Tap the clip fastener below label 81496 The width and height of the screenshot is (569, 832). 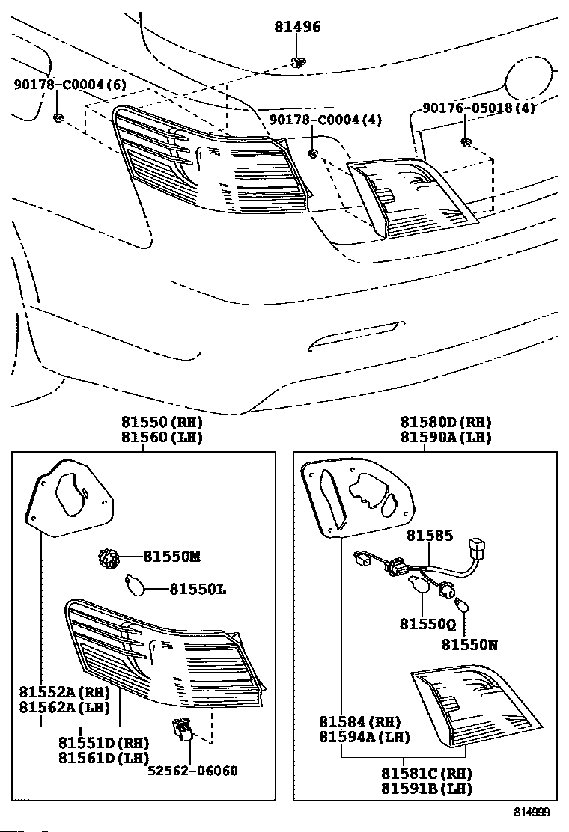pyautogui.click(x=298, y=62)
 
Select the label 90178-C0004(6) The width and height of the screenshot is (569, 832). pyautogui.click(x=70, y=85)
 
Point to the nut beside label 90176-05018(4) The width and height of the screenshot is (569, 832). pyautogui.click(x=466, y=143)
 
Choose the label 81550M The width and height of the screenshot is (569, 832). pyautogui.click(x=172, y=557)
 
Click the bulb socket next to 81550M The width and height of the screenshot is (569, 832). pyautogui.click(x=109, y=558)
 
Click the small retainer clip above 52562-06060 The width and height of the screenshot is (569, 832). pyautogui.click(x=182, y=729)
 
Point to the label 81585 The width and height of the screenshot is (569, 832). pyautogui.click(x=429, y=536)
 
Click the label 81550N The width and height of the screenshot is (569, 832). pyautogui.click(x=468, y=643)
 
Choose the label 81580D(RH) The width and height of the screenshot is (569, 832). pyautogui.click(x=445, y=423)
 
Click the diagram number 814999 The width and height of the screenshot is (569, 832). pyautogui.click(x=532, y=812)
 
